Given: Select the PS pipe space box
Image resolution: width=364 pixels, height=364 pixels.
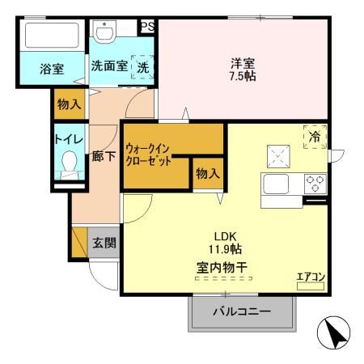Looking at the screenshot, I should (147, 26).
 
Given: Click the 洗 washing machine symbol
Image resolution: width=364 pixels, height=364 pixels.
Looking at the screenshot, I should (142, 67).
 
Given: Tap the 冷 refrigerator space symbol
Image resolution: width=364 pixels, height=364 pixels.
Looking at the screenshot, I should (314, 138).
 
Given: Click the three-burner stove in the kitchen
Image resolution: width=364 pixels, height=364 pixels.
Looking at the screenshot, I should (314, 183).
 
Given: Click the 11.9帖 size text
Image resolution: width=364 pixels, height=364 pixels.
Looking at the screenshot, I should (222, 250).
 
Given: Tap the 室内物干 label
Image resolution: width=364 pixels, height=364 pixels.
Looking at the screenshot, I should (222, 265).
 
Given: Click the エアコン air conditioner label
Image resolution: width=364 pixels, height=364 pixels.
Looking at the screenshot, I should (311, 278).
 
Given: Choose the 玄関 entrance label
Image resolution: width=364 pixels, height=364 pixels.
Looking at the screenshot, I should (103, 243).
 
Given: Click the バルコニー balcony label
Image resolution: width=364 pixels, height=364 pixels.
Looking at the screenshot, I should (240, 311).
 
